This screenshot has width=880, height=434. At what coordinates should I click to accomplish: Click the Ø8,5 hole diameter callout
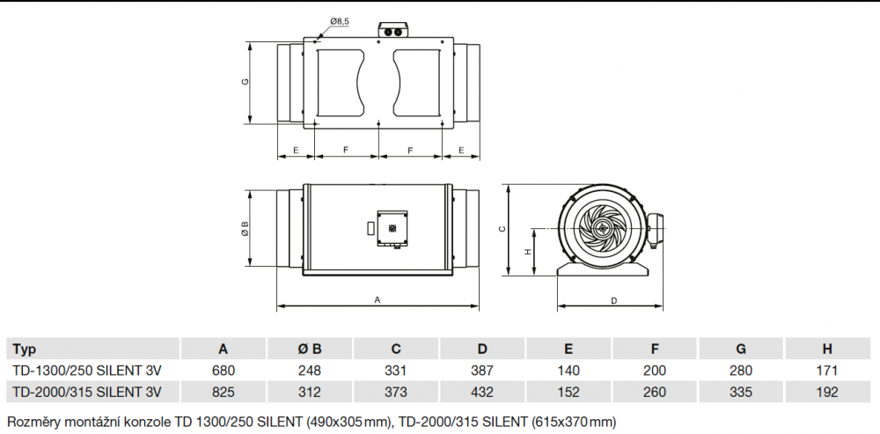(341, 20)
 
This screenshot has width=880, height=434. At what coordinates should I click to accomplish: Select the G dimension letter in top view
(246, 82)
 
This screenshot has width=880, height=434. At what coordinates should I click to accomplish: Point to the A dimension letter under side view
(378, 299)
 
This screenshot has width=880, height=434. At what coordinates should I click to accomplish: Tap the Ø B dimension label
(246, 228)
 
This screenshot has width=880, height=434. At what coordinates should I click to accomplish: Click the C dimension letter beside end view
(502, 229)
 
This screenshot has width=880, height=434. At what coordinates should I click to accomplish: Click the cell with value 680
(224, 370)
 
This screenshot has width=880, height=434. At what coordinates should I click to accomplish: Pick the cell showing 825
(224, 392)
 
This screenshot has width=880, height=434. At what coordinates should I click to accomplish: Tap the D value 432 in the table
(482, 392)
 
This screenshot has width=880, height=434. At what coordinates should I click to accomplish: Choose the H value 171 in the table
(827, 370)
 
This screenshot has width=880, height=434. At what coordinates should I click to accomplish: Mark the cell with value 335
(741, 392)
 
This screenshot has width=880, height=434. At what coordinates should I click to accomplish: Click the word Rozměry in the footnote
(33, 421)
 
